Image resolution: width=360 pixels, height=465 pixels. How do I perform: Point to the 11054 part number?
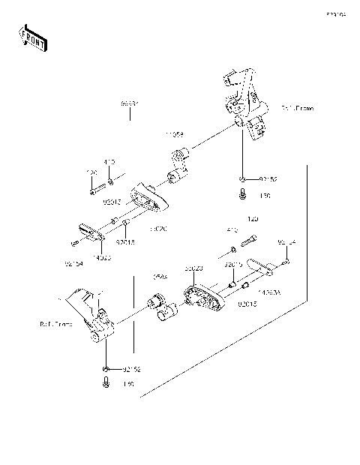coord(175,136)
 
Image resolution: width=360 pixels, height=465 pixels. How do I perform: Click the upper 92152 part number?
coord(268,180)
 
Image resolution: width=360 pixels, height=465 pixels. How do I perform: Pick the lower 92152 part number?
coord(132,369)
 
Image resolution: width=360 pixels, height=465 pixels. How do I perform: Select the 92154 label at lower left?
coord(73,263)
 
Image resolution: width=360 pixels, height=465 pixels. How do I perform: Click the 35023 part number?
coord(194,268)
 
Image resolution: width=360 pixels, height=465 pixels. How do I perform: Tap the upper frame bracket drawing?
coord(244,105)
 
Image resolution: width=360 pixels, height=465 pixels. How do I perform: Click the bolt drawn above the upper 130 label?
coord(244,195)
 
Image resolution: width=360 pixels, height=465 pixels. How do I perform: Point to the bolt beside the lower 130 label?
coord(106,382)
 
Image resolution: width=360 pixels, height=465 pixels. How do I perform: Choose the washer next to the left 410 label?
coord(111,181)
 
